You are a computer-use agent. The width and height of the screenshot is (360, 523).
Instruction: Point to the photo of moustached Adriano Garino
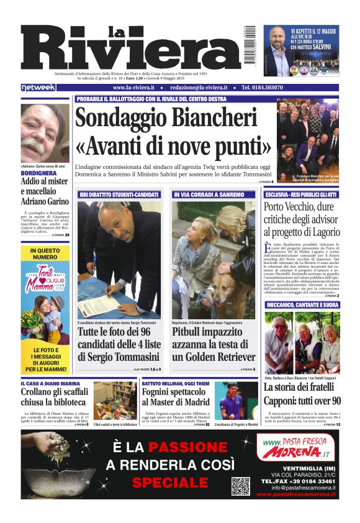click(x=45, y=132)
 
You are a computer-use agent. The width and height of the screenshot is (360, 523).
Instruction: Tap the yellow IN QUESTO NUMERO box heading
click(x=45, y=253)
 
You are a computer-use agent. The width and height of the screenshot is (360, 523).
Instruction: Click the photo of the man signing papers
click(x=119, y=259)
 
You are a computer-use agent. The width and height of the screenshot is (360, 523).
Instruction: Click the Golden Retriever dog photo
click(x=213, y=259)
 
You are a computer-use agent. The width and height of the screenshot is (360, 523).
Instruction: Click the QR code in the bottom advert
click(x=241, y=486)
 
